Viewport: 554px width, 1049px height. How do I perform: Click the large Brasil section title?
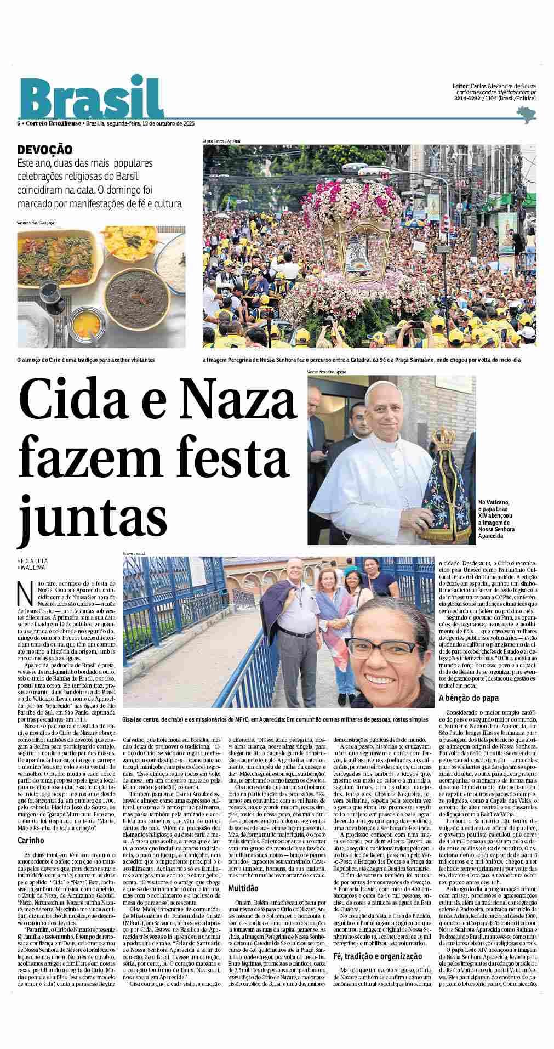tap(92, 97)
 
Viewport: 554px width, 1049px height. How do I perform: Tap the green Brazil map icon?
tap(527, 115)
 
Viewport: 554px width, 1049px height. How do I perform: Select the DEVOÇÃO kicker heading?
tap(45, 150)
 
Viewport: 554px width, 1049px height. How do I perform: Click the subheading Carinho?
tap(31, 840)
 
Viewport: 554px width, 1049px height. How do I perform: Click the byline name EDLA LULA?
tap(34, 561)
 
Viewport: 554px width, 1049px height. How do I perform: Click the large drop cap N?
tap(24, 593)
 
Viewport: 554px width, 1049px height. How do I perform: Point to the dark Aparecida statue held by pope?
tap(445, 483)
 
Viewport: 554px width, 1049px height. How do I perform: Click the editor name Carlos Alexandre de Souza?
tap(503, 86)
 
